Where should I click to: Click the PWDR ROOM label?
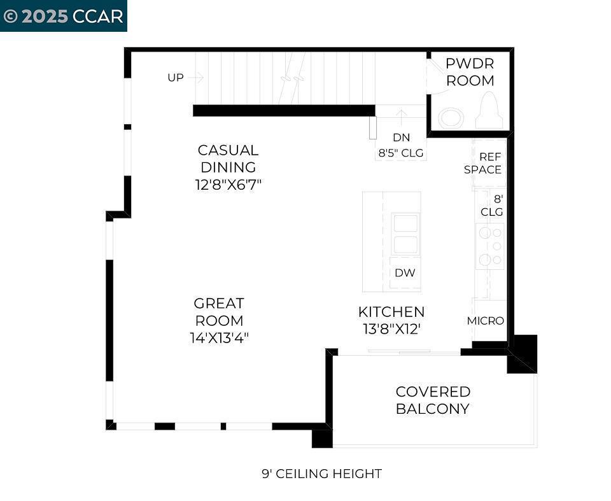pos(470,72)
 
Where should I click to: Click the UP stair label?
pos(176,78)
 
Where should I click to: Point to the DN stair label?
pos(401,138)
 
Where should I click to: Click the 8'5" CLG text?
pos(401,153)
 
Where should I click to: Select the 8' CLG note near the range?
pos(491,205)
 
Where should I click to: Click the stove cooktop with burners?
pos(490,246)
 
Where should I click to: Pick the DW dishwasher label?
pos(405,273)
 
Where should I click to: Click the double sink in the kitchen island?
pos(405,234)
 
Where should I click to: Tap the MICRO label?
pos(486,321)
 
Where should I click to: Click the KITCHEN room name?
pos(391,312)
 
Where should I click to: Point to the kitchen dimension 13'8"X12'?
pos(391,329)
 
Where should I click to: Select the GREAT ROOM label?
pos(219,312)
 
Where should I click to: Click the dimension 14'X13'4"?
pos(219,338)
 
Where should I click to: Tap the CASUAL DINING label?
pos(228,159)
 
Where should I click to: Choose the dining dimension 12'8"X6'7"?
pos(228,185)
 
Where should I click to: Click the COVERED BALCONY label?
pos(433,400)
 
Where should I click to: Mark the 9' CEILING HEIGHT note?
pos(321,474)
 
